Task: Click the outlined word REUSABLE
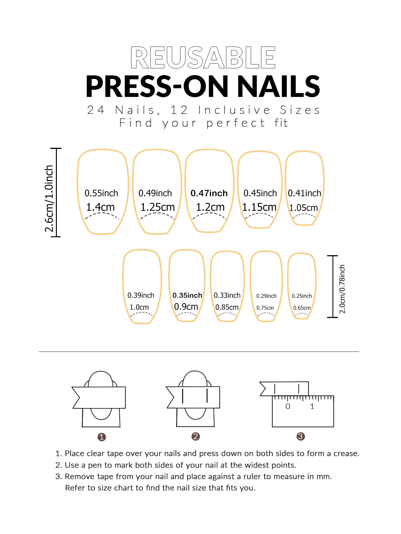(203, 57)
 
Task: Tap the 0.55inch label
(101, 193)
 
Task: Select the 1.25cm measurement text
(157, 207)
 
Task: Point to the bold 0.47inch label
(209, 193)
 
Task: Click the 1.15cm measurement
(259, 207)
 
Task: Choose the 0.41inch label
(304, 193)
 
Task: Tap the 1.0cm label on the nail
(139, 307)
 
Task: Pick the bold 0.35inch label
(187, 296)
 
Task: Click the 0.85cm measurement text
(227, 307)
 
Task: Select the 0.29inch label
(266, 296)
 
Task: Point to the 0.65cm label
(302, 308)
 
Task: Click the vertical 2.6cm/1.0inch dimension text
(49, 199)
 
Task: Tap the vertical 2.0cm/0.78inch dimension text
(342, 289)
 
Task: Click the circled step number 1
(102, 437)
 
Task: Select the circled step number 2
(195, 436)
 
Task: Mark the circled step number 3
(300, 436)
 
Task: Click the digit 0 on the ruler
(288, 407)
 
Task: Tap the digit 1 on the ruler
(312, 407)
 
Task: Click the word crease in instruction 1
(346, 454)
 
